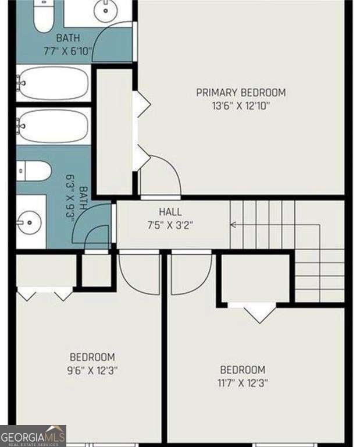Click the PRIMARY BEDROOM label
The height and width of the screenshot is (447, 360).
point(241,93)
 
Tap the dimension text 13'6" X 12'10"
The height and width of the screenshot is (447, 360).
point(241,106)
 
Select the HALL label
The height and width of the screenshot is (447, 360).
point(170,212)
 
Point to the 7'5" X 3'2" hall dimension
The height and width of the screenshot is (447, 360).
point(170,225)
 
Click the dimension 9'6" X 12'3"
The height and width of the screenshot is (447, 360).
point(92,370)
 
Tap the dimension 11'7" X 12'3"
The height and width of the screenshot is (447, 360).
point(243,383)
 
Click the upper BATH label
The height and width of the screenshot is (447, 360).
point(68,38)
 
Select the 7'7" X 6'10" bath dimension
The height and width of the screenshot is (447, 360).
point(68,51)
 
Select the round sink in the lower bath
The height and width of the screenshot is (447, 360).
point(30,222)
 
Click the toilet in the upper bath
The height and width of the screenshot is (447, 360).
point(43,16)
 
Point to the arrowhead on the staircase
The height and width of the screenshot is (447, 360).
point(233,224)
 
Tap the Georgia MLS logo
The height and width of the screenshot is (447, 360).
point(33,435)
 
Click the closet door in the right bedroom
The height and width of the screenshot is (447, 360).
point(259,312)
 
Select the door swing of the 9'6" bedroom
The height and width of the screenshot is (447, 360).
point(140,274)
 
